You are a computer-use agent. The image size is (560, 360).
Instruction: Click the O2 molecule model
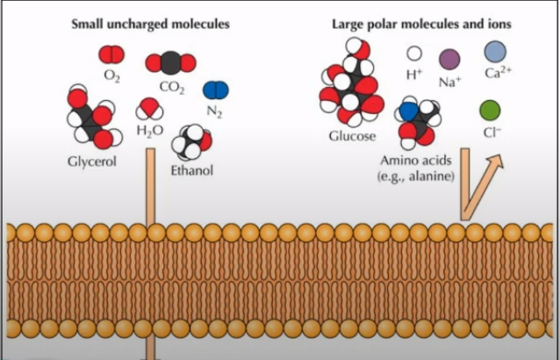click(x=111, y=54)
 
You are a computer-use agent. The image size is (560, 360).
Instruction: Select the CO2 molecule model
click(x=170, y=63)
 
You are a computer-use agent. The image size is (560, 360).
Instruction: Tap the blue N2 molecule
click(x=216, y=90)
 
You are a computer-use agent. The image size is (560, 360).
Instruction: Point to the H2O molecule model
click(x=149, y=109)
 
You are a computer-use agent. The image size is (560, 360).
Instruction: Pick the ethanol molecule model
click(x=191, y=142)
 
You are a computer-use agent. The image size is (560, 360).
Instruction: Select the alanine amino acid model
click(x=418, y=122)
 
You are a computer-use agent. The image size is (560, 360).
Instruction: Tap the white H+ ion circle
click(x=414, y=54)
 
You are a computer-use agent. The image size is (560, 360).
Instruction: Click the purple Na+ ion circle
click(x=449, y=60)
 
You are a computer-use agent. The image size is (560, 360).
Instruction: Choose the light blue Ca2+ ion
click(x=495, y=52)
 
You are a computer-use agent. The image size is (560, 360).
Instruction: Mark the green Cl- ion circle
click(x=490, y=111)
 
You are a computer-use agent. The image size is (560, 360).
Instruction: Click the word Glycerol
click(x=92, y=162)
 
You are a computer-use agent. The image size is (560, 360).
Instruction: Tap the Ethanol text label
click(x=191, y=170)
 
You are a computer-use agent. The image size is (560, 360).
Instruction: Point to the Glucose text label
click(x=352, y=136)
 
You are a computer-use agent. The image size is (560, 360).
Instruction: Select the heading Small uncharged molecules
click(x=150, y=24)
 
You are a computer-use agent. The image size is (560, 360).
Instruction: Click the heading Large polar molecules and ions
click(x=422, y=24)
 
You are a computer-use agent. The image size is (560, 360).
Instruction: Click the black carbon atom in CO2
click(x=170, y=63)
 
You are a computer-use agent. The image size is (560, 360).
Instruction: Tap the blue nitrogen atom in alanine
click(x=409, y=112)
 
